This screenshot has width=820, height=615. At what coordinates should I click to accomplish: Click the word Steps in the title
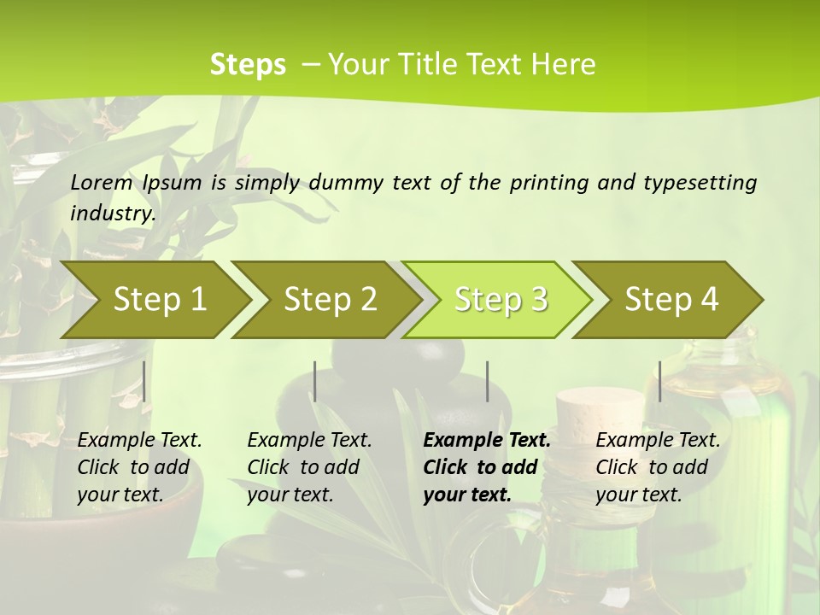tap(248, 65)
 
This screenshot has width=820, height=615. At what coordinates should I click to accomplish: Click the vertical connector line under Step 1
tap(144, 381)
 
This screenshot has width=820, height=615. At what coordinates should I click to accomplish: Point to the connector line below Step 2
tap(315, 381)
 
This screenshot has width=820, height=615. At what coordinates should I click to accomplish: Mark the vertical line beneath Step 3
tap(488, 381)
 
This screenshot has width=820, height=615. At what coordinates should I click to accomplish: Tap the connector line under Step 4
tap(659, 381)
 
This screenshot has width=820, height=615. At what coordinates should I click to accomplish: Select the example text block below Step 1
tap(139, 466)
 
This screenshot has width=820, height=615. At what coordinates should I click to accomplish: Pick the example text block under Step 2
tap(309, 466)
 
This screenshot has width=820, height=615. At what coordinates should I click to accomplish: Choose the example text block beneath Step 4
tap(658, 466)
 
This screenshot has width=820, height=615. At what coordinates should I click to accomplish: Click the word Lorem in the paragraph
tap(102, 182)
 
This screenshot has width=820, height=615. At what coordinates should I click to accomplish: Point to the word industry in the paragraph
tap(112, 213)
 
